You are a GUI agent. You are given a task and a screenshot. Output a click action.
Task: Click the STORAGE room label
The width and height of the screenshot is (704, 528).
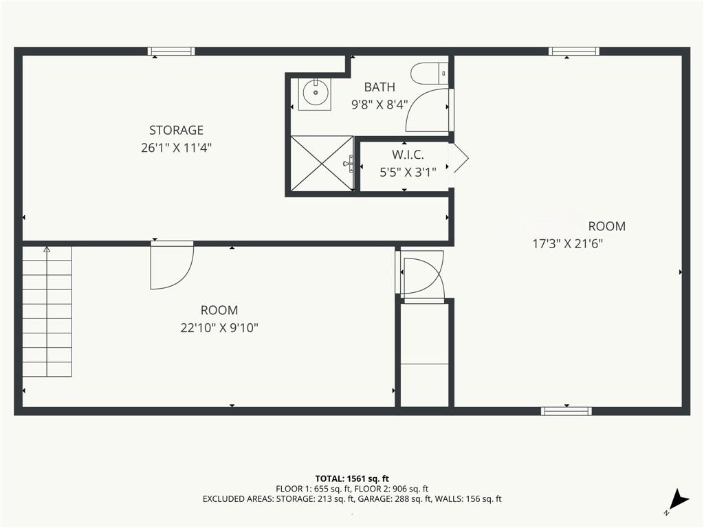(176, 130)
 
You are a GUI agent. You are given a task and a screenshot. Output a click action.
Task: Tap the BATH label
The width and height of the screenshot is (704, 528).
(379, 87)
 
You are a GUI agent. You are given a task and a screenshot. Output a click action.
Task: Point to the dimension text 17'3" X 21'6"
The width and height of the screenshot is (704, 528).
(568, 243)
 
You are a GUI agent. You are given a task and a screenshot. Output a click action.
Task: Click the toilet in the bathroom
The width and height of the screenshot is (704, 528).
(429, 71)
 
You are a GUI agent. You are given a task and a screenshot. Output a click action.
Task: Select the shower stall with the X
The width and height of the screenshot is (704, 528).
(321, 164)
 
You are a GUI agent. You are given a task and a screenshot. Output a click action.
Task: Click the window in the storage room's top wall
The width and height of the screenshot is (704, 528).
(171, 51)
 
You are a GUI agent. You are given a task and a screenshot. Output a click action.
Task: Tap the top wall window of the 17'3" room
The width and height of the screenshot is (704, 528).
(573, 51)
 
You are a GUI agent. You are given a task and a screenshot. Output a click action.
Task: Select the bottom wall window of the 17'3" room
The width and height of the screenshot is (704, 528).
(566, 411)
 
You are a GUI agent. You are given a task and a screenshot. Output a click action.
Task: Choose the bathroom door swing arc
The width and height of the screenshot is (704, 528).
(428, 109)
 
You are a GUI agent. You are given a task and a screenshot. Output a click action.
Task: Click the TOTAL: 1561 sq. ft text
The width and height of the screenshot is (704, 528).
(351, 478)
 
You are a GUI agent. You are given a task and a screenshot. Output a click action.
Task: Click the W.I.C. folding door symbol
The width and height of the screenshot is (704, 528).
(459, 159)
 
